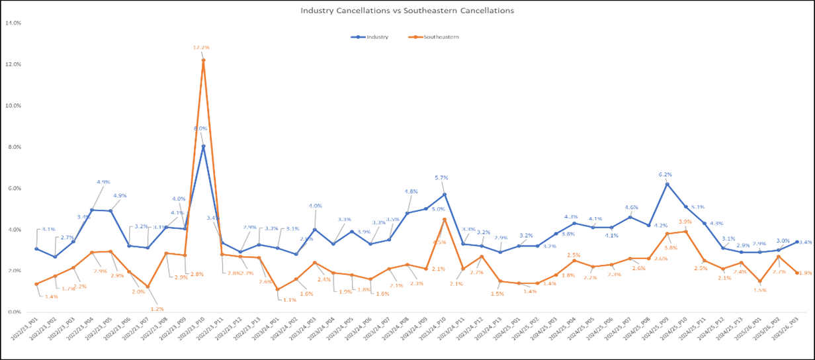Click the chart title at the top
(407, 11)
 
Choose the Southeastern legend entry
(439, 37)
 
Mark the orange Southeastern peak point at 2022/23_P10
(203, 60)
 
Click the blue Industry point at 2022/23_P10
(203, 146)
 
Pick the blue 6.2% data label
(667, 175)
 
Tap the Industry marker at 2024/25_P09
(667, 184)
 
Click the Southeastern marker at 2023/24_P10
(445, 219)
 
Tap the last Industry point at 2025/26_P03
(797, 242)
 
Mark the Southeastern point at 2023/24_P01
(277, 289)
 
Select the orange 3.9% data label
(686, 222)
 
